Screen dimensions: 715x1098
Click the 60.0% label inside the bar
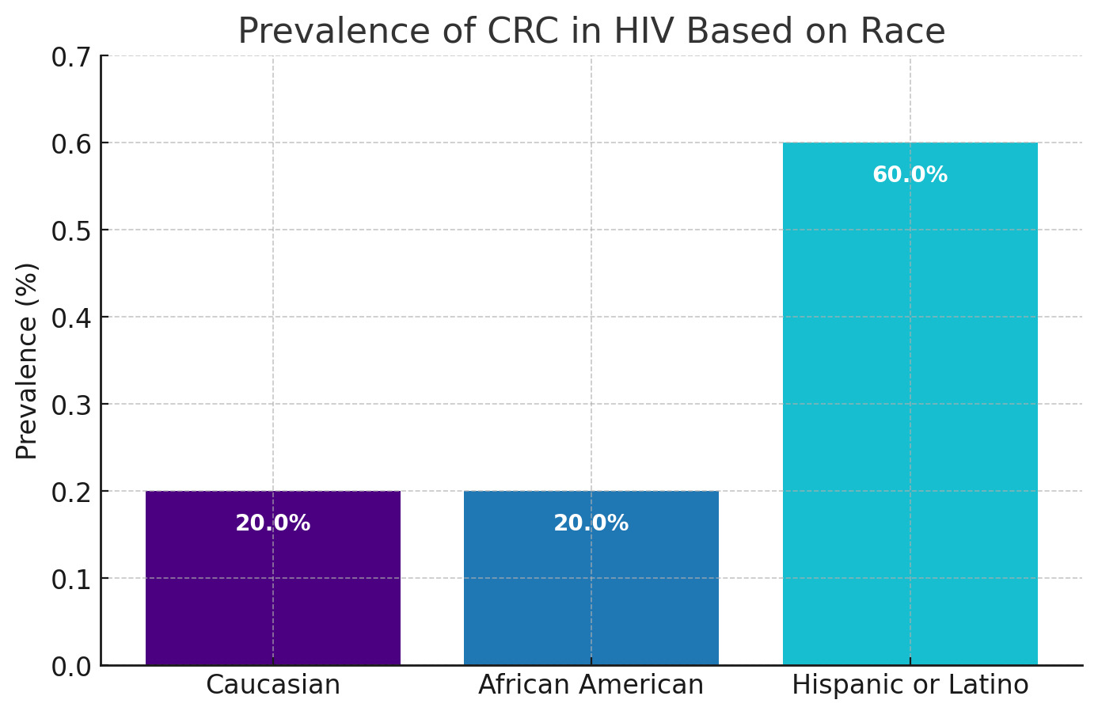tap(910, 175)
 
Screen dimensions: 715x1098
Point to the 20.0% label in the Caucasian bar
tap(273, 523)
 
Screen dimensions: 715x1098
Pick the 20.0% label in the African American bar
tap(591, 523)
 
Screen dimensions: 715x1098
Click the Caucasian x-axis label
tap(273, 685)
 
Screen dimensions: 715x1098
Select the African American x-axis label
tap(591, 685)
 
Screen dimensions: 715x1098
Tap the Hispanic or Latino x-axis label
tap(910, 685)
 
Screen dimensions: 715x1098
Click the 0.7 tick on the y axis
tap(70, 57)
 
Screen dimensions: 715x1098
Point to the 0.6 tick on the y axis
tap(70, 144)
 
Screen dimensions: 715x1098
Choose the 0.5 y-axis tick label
tap(70, 231)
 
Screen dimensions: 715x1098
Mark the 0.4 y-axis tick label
tap(70, 318)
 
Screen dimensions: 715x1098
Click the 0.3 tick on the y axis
tap(70, 405)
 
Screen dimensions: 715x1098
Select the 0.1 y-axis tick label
tap(70, 580)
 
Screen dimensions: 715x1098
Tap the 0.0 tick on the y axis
tap(70, 667)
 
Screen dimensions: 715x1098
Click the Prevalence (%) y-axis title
tap(27, 360)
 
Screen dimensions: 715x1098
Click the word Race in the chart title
tap(910, 32)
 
